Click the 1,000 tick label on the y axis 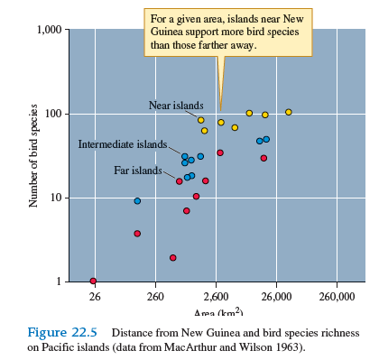(45, 30)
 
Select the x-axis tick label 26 (94, 296)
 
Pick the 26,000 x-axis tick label (276, 296)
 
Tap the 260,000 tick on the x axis (338, 296)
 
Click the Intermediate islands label (122, 144)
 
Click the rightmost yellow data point (289, 112)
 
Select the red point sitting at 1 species (93, 281)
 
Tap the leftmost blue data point (137, 201)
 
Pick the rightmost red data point (263, 158)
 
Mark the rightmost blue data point (266, 140)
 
